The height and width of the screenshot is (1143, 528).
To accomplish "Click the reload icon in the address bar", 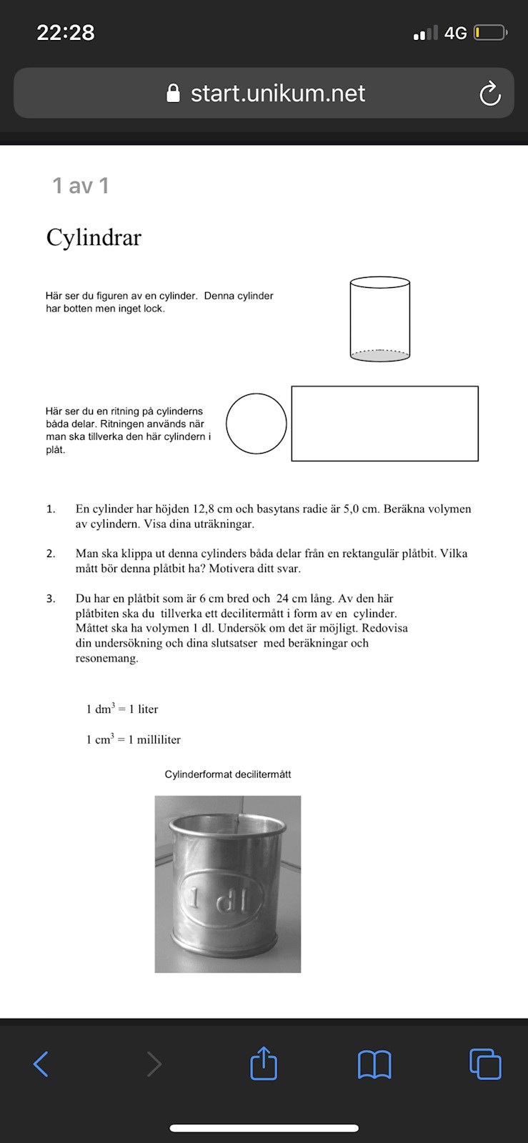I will pyautogui.click(x=489, y=94).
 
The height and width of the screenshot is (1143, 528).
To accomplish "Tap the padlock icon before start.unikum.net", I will pyautogui.click(x=173, y=94).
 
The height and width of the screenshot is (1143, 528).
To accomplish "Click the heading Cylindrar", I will pyautogui.click(x=94, y=238).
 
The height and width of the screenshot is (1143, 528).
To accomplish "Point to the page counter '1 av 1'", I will pyautogui.click(x=81, y=186).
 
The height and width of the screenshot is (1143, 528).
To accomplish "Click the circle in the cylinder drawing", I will pyautogui.click(x=256, y=424).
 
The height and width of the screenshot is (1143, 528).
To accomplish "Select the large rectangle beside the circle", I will pyautogui.click(x=384, y=424).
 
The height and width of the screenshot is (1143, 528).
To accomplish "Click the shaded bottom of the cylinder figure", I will pyautogui.click(x=380, y=354).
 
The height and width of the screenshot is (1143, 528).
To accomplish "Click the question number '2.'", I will pyautogui.click(x=51, y=554).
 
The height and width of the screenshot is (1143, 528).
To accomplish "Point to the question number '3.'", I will pyautogui.click(x=51, y=599).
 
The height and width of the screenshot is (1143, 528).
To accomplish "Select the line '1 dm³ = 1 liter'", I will pyautogui.click(x=122, y=709).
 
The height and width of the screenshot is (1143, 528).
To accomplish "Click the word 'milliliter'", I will pyautogui.click(x=159, y=740).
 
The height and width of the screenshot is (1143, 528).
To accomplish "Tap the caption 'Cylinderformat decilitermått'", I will pyautogui.click(x=228, y=774).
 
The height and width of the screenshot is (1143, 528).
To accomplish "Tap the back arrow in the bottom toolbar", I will pyautogui.click(x=41, y=1064).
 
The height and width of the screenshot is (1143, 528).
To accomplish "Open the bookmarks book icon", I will pyautogui.click(x=374, y=1064).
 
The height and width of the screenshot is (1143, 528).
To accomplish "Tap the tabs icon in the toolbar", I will pyautogui.click(x=485, y=1064).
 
